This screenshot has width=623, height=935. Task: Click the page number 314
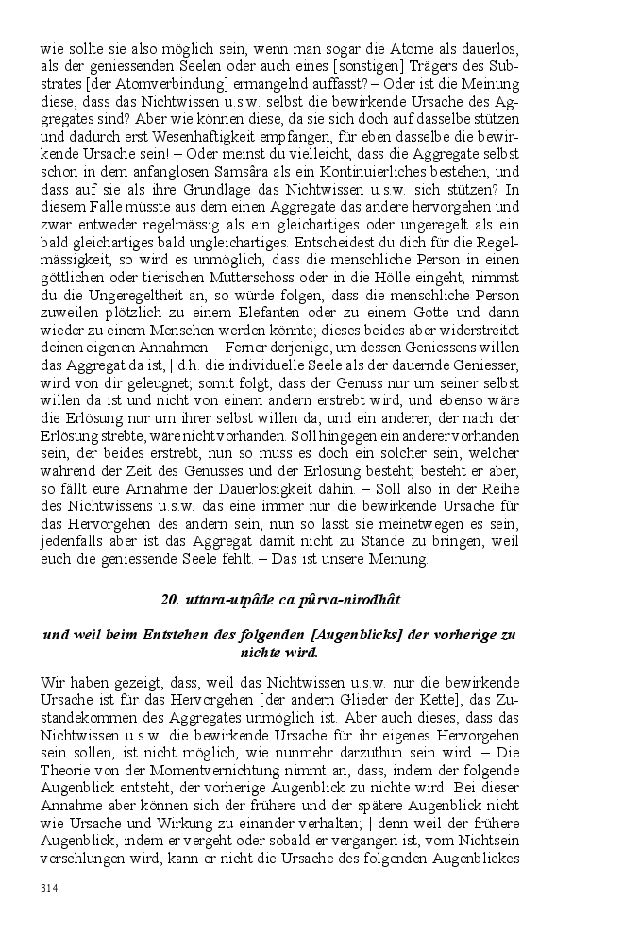(x=50, y=889)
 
